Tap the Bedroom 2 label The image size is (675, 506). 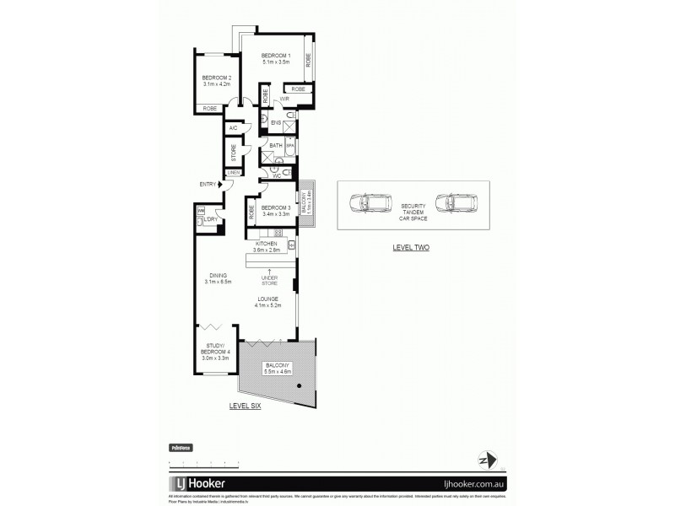point(216,81)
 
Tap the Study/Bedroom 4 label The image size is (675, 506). point(216,353)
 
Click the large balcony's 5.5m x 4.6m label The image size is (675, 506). point(278,368)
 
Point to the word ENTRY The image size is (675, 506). point(207,185)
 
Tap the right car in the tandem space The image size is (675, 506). point(456,202)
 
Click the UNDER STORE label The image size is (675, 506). point(269,281)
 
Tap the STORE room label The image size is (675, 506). point(234,152)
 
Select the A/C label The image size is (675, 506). point(233,128)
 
